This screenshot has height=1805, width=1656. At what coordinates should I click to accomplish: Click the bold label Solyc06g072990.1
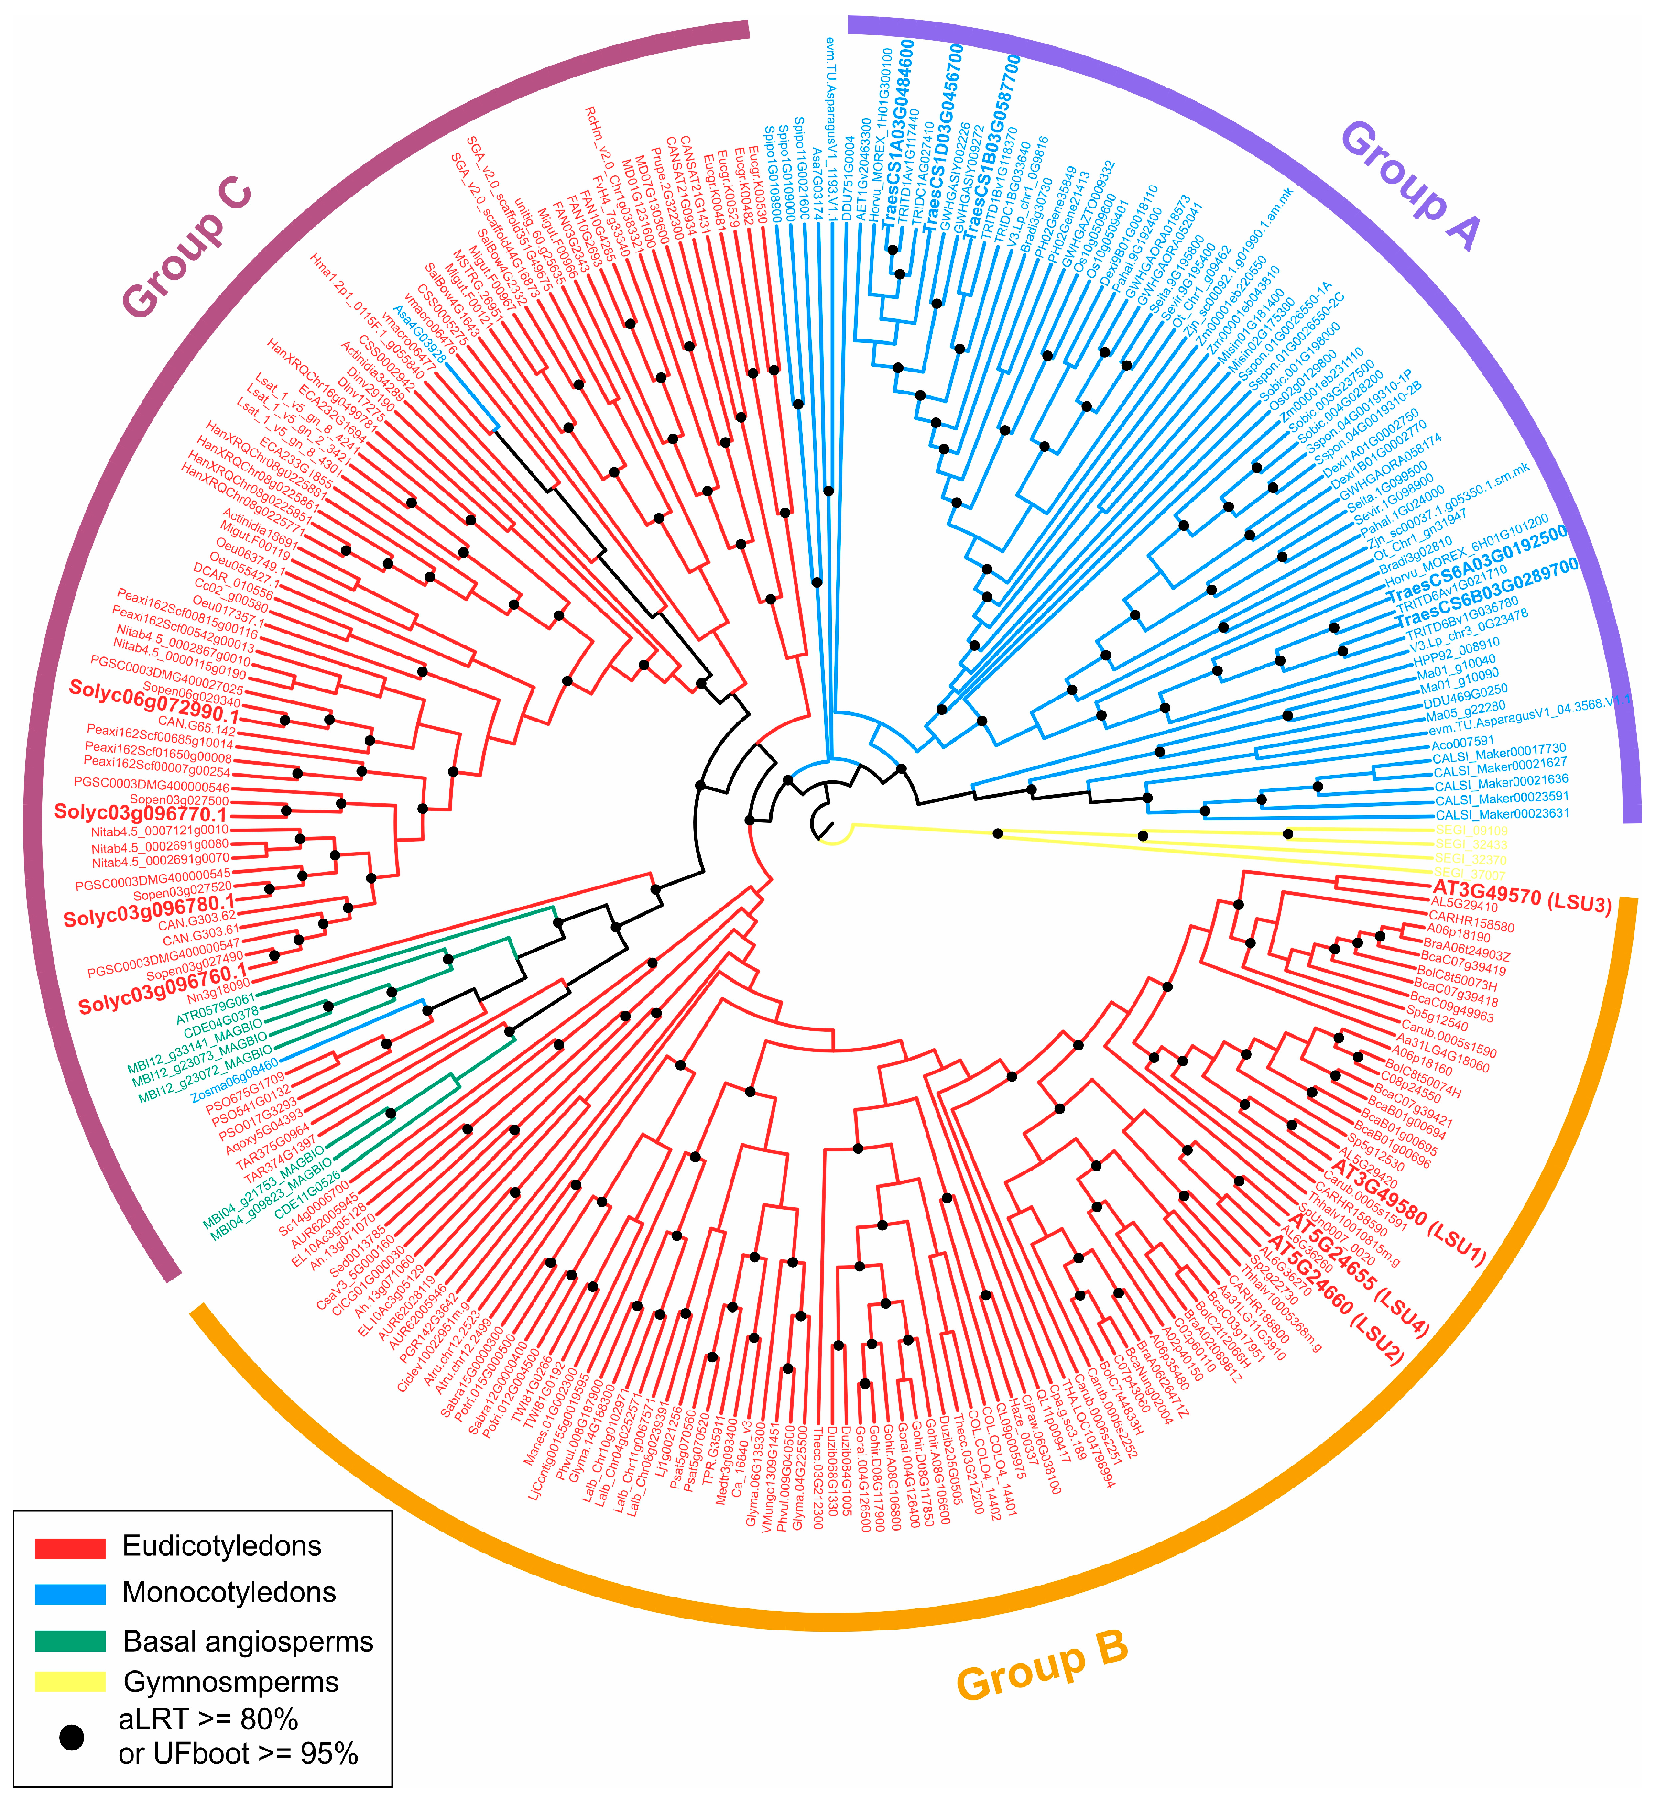[154, 703]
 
